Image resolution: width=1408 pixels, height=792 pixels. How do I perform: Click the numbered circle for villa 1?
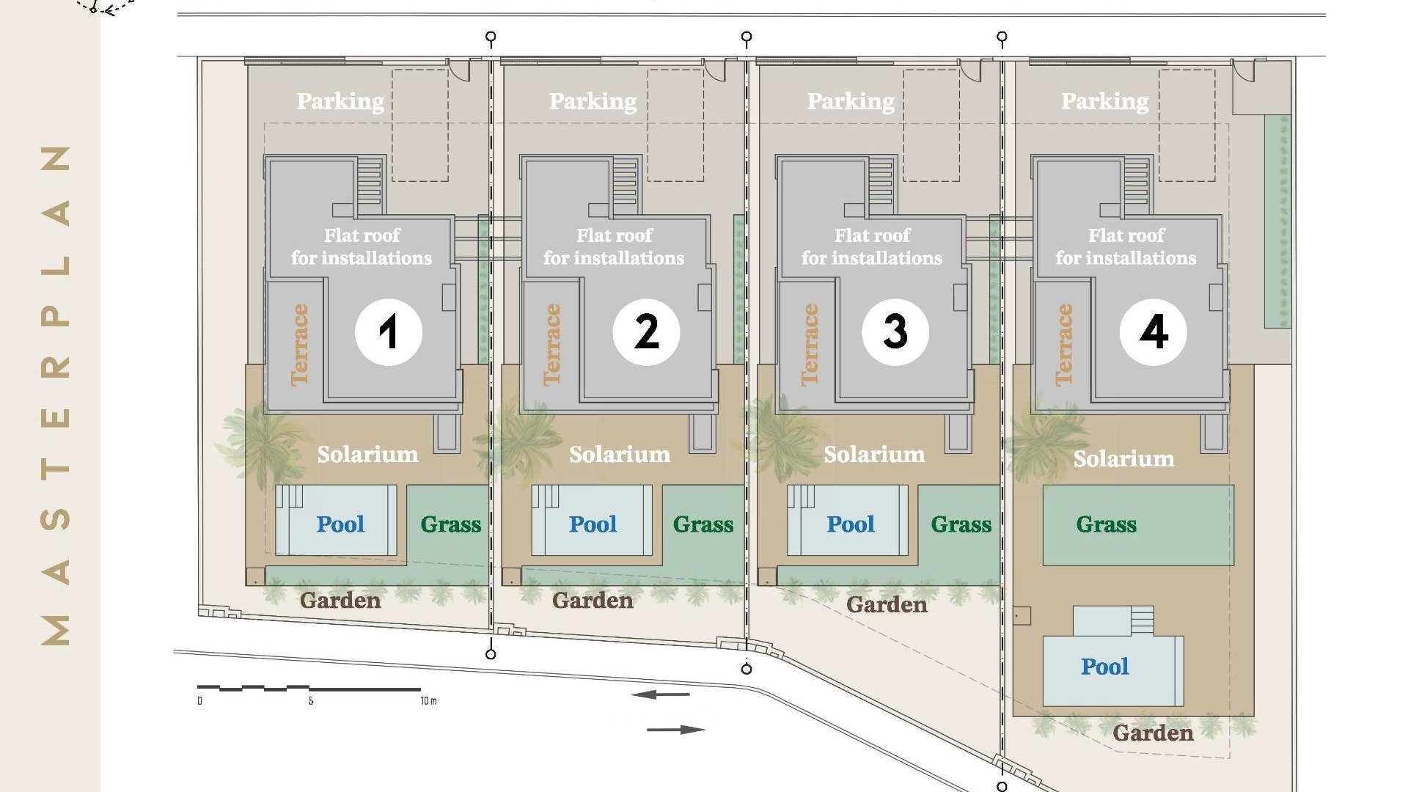[x=389, y=331]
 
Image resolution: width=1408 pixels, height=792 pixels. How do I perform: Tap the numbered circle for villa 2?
[x=646, y=331]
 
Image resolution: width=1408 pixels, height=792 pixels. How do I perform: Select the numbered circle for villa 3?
[x=895, y=331]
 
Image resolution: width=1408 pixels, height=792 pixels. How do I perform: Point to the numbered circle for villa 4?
[x=1154, y=331]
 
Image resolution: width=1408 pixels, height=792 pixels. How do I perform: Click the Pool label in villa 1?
[x=340, y=524]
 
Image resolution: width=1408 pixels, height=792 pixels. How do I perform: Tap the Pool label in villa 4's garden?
[x=1104, y=667]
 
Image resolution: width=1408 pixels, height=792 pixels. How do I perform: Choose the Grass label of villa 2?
[x=703, y=524]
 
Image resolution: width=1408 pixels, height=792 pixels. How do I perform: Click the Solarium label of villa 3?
[x=874, y=455]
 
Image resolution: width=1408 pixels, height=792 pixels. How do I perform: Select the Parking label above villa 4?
[x=1105, y=101]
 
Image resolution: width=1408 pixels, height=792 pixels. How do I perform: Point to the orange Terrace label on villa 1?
[x=299, y=345]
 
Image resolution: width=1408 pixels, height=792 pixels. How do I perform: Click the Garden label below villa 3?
[x=887, y=605]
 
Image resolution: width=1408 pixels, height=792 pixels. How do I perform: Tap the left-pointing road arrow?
[x=660, y=694]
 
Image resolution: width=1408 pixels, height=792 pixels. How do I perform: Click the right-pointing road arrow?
[x=676, y=730]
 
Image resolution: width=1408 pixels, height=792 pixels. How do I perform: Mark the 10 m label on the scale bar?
[x=428, y=701]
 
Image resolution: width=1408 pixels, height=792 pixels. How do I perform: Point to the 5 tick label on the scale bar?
[x=311, y=701]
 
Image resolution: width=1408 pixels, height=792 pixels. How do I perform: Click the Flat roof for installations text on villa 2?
[x=614, y=246]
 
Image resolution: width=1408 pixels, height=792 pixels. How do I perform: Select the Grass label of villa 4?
[x=1107, y=524]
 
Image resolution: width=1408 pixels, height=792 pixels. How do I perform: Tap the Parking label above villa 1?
[x=340, y=101]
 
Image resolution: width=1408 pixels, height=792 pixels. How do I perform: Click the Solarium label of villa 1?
[x=367, y=455]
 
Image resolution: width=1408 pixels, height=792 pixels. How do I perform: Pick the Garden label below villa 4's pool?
[x=1153, y=733]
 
